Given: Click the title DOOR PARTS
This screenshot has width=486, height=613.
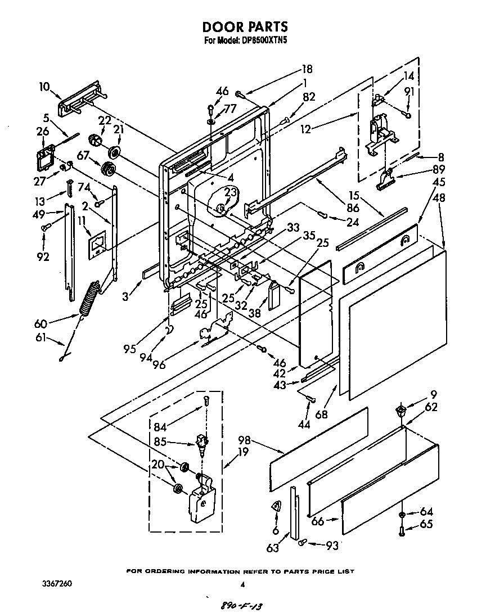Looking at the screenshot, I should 245,26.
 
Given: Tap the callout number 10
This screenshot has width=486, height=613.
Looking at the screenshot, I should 44,87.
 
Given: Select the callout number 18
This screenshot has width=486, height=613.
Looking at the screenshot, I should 307,70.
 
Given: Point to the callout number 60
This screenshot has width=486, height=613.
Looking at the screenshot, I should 40,323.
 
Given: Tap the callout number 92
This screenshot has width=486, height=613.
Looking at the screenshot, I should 43,257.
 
